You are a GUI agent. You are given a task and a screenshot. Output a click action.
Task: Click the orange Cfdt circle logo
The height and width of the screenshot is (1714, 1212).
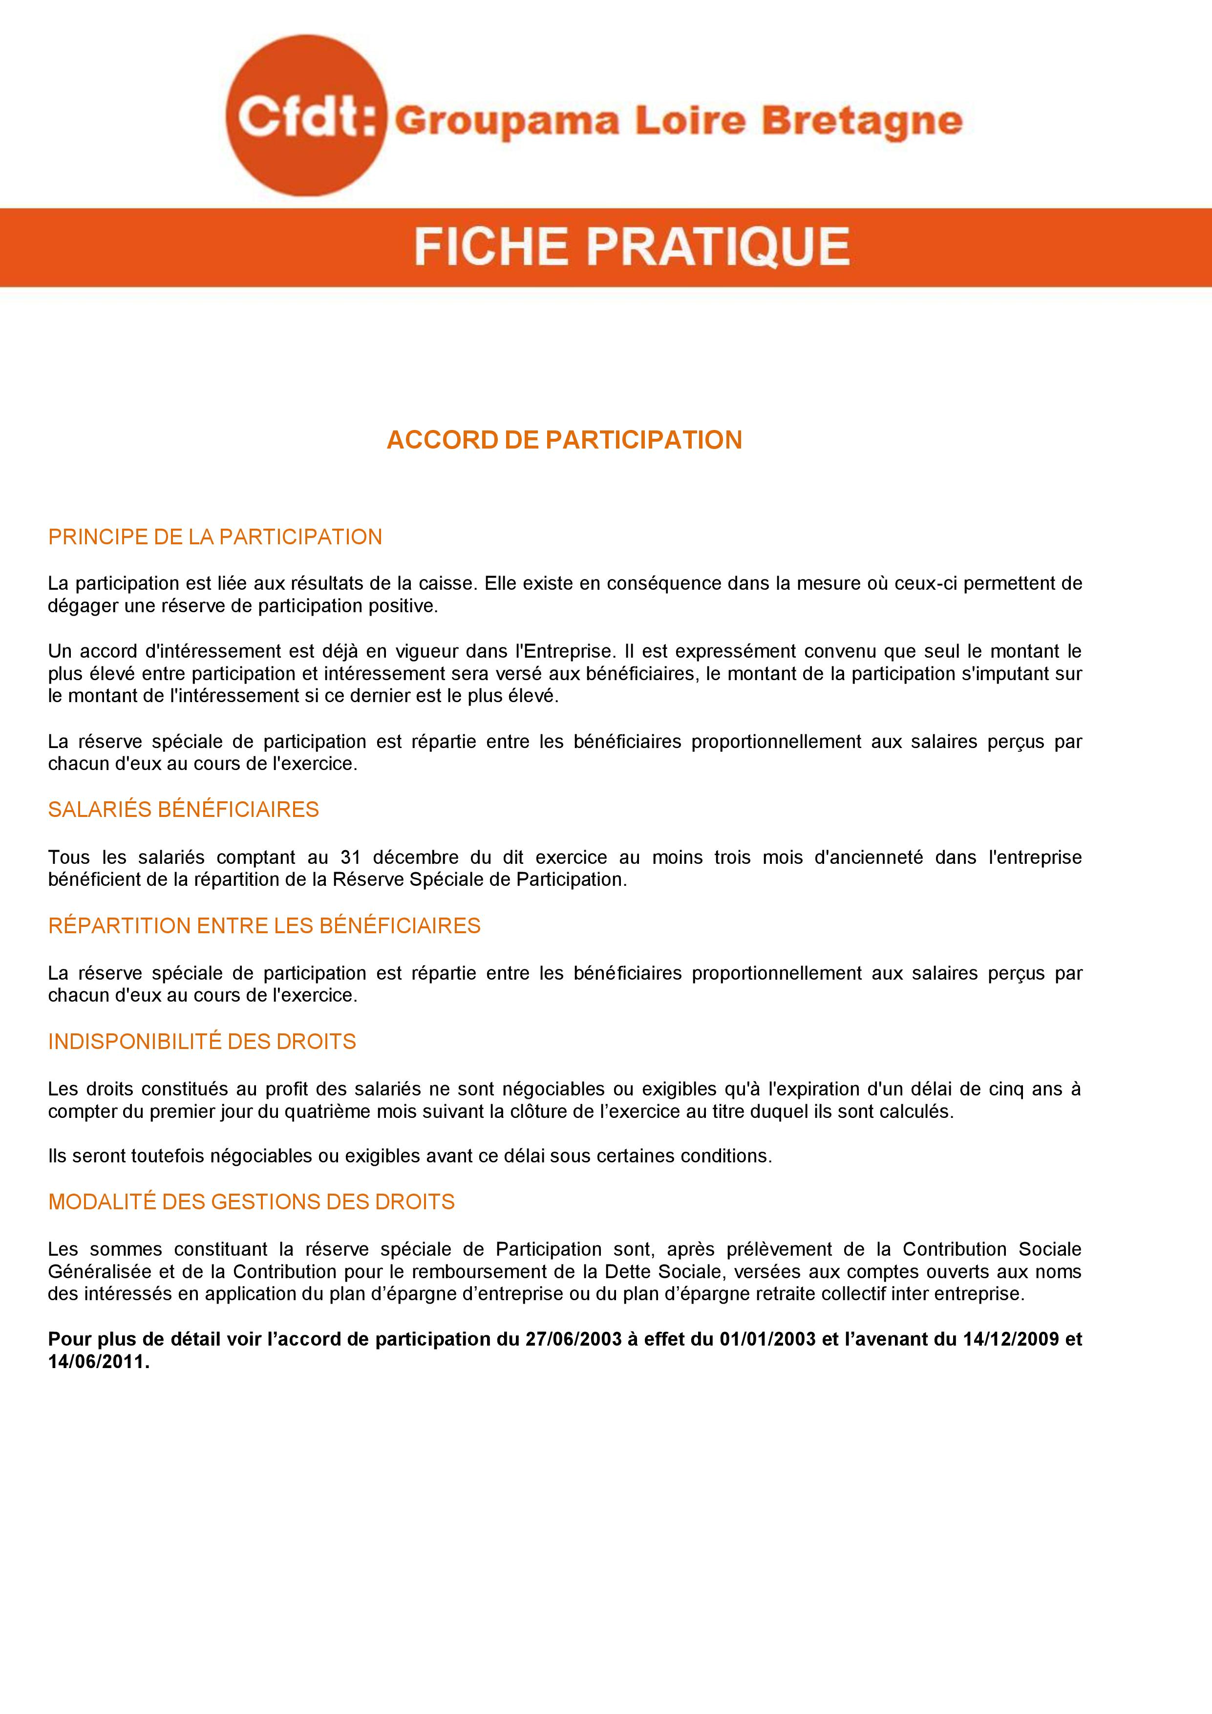coord(306,116)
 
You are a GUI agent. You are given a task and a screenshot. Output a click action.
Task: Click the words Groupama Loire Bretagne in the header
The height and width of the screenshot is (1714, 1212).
coord(678,122)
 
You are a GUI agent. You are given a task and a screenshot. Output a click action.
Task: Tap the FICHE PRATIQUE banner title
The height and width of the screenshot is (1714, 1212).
coord(631,247)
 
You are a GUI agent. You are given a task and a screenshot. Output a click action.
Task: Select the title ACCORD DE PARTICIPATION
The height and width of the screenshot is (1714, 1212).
coord(564,440)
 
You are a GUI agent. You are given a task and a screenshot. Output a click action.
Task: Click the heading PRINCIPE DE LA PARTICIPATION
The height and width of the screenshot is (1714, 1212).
coord(215,537)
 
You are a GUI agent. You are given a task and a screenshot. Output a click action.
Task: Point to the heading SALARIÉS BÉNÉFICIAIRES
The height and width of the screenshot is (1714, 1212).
coord(184,810)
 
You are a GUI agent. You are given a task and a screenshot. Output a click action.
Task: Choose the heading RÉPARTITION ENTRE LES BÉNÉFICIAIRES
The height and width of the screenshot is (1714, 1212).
coord(264,926)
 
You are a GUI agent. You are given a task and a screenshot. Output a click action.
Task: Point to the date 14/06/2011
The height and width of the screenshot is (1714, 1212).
coord(98,1362)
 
